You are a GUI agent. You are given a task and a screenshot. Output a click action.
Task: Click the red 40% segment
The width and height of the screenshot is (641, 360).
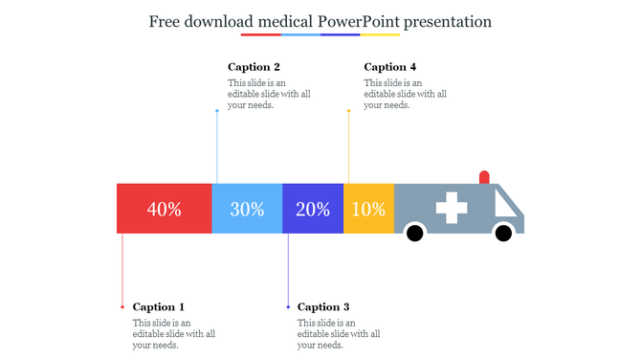click(164, 209)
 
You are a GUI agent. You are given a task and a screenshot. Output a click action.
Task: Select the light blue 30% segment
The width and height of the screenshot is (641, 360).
click(247, 209)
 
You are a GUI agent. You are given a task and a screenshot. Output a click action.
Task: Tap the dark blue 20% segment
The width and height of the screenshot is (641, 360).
click(313, 209)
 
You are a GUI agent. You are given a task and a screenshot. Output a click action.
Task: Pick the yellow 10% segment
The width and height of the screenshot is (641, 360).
click(368, 209)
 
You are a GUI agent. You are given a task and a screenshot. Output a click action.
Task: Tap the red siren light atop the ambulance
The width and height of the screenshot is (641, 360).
click(484, 177)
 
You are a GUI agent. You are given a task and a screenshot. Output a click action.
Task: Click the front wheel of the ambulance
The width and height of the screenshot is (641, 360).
click(503, 233)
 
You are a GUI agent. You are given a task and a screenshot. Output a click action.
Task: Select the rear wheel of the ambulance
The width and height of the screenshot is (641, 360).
click(415, 233)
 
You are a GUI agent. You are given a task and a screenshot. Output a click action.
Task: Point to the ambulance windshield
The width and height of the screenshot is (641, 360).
click(507, 203)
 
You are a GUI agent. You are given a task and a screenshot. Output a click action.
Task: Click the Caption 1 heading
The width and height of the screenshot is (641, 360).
click(159, 307)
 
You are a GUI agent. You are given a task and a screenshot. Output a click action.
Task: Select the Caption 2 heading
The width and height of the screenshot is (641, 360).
click(254, 67)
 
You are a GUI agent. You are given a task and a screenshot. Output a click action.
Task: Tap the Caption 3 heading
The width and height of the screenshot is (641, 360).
click(323, 307)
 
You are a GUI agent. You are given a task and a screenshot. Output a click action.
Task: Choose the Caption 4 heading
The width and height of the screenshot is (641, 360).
click(390, 67)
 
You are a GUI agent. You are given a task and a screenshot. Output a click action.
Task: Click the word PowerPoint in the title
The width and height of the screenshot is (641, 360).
click(359, 20)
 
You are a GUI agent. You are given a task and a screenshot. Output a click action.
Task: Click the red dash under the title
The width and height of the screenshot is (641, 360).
click(260, 34)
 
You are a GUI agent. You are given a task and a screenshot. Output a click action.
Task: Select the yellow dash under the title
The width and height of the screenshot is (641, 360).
click(380, 34)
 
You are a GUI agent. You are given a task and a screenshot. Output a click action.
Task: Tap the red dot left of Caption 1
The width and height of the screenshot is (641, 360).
click(122, 307)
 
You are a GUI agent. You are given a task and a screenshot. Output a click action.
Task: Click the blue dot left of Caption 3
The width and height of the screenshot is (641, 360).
click(288, 307)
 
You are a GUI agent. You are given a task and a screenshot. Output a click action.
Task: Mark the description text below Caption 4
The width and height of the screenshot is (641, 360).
click(405, 94)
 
